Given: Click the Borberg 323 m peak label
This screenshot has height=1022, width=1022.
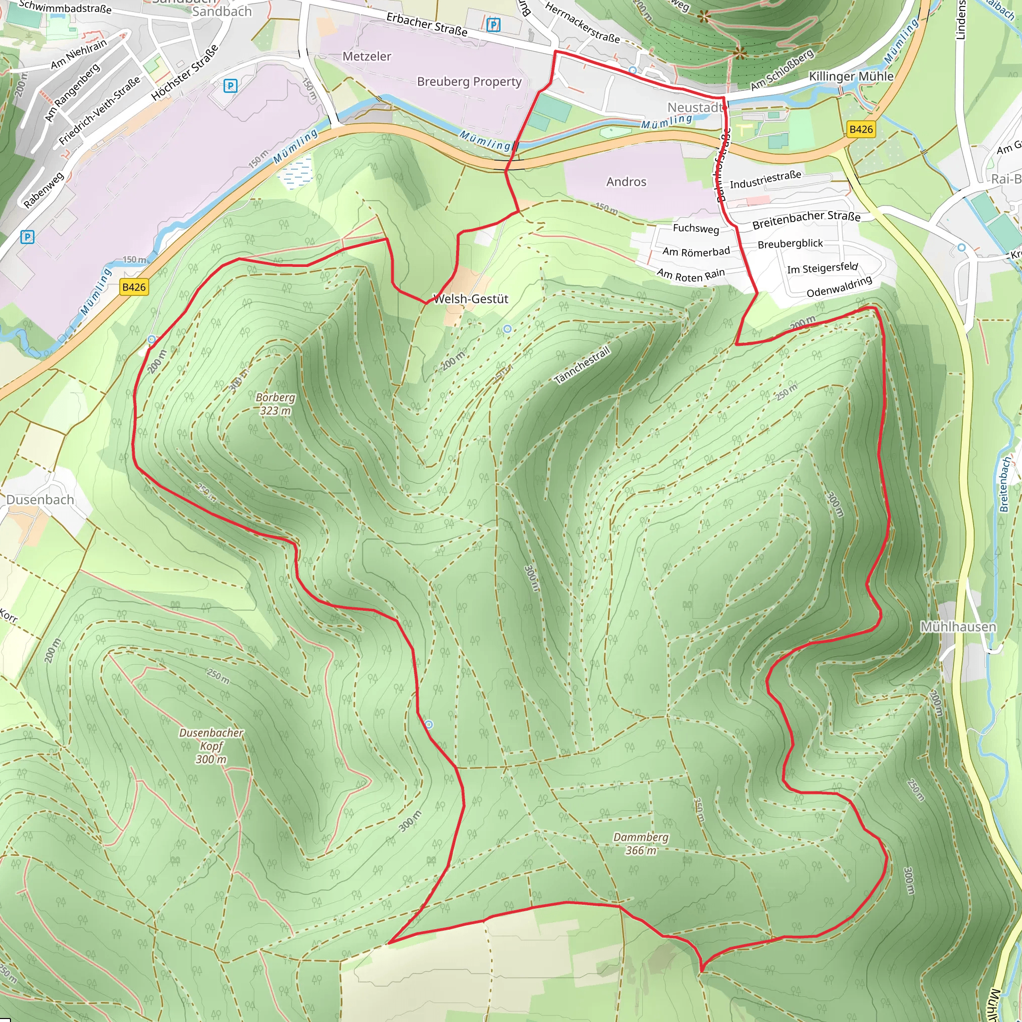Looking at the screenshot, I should [275, 404].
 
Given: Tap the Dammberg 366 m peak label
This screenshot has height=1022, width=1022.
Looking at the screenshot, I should [641, 843].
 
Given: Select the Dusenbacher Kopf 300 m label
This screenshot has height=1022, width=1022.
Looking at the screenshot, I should [211, 746].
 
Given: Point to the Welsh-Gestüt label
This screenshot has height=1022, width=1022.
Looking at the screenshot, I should [470, 299].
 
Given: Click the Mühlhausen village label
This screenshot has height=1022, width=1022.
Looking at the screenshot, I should [958, 627].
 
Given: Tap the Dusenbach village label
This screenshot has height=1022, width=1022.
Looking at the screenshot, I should [40, 500].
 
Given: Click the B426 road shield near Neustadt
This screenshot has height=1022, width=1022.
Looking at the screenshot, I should [861, 129].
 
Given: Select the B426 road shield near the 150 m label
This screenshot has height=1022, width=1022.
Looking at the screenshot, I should [134, 287].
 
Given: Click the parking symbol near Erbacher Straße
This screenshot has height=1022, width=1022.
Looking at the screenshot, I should [493, 24].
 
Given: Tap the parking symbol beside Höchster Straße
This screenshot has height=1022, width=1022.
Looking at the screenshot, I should [230, 86].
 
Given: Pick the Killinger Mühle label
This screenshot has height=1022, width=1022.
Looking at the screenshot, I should [851, 76].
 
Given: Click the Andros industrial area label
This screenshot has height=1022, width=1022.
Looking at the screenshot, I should [626, 182].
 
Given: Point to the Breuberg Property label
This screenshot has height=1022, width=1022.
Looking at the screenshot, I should [469, 81].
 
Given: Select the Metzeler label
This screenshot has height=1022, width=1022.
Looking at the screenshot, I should [367, 56].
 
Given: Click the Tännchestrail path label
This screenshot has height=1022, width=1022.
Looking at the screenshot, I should [582, 365].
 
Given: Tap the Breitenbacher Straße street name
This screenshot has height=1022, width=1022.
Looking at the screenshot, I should [806, 219].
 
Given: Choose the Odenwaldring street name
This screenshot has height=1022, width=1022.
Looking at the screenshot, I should [839, 286].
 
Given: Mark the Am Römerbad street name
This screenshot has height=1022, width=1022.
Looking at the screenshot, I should [696, 252].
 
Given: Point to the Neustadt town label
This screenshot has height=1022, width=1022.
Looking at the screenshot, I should [695, 107].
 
